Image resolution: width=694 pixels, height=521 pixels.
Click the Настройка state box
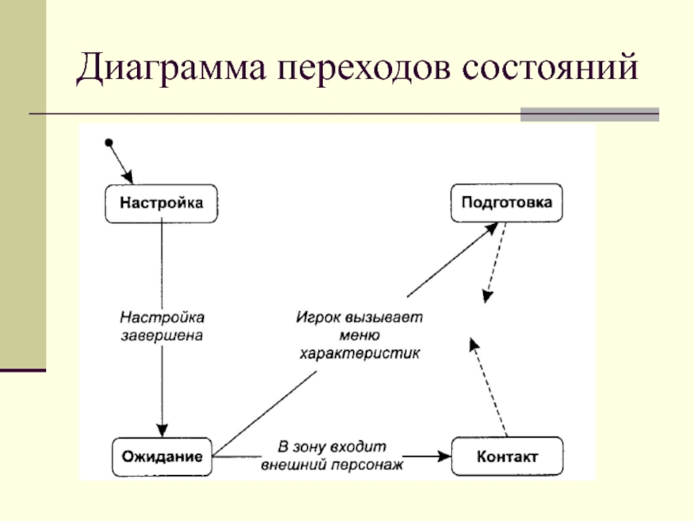(161, 203)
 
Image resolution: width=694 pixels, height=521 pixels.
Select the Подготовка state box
(507, 202)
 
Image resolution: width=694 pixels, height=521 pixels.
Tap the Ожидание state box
(162, 457)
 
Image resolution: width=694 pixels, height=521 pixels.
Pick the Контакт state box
(507, 457)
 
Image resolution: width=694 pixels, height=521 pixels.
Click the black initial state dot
(109, 142)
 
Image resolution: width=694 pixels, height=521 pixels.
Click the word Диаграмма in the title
(171, 69)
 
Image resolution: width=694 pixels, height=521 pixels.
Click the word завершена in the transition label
(162, 335)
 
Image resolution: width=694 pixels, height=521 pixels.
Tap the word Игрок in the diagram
(318, 318)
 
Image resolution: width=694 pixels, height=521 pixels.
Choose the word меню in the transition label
(359, 335)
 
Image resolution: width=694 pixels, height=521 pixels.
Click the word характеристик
(359, 353)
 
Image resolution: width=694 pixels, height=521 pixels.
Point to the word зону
(311, 447)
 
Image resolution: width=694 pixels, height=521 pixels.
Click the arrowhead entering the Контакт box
(444, 457)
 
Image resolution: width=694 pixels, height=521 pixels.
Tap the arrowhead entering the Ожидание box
(162, 431)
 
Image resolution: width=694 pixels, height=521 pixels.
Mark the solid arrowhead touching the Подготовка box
(491, 228)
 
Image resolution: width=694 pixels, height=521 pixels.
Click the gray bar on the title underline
(590, 115)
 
